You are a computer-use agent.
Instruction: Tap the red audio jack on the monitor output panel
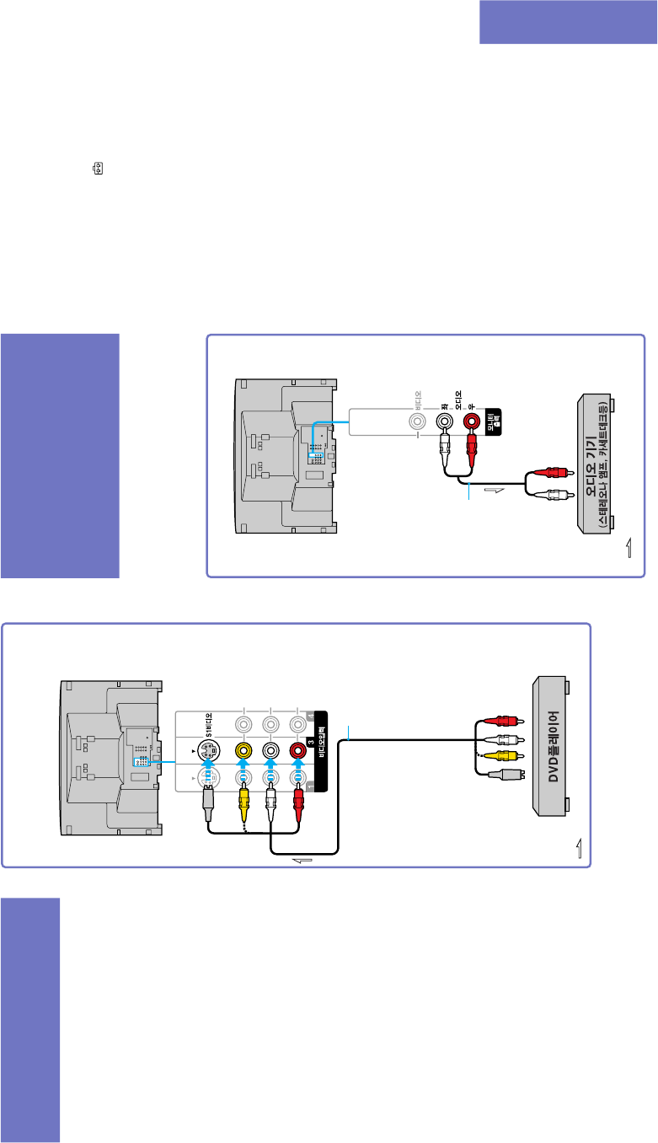pyautogui.click(x=471, y=419)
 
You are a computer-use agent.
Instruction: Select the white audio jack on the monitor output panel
pyautogui.click(x=443, y=419)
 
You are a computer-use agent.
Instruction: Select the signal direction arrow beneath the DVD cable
pyautogui.click(x=301, y=860)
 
